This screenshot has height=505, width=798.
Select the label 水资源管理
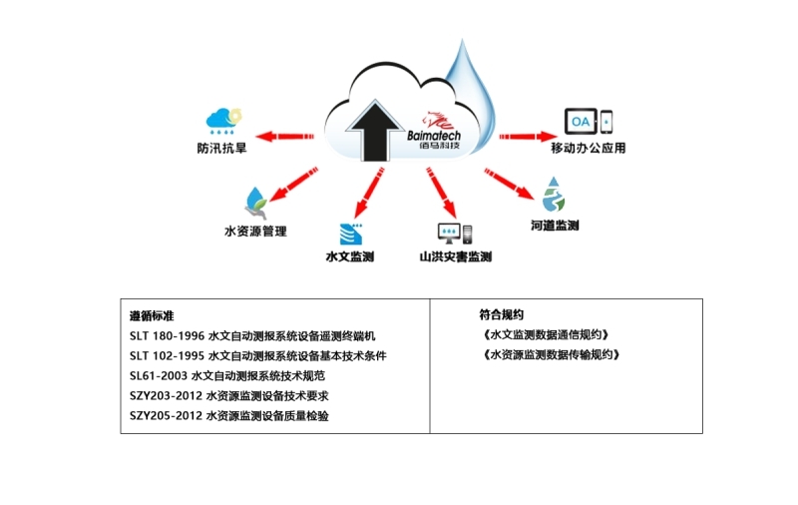[x=255, y=232]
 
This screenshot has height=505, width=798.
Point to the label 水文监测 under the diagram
[x=350, y=257]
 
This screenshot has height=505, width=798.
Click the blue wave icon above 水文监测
[x=351, y=234]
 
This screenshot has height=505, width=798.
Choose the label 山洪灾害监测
[x=456, y=257]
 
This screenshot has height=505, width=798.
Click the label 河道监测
[x=555, y=226]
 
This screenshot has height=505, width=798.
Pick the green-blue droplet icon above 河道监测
[x=554, y=194]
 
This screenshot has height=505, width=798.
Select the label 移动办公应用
[x=589, y=149]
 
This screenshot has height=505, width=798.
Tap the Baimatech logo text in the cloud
[x=440, y=134]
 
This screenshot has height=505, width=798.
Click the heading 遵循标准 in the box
[x=152, y=315]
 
